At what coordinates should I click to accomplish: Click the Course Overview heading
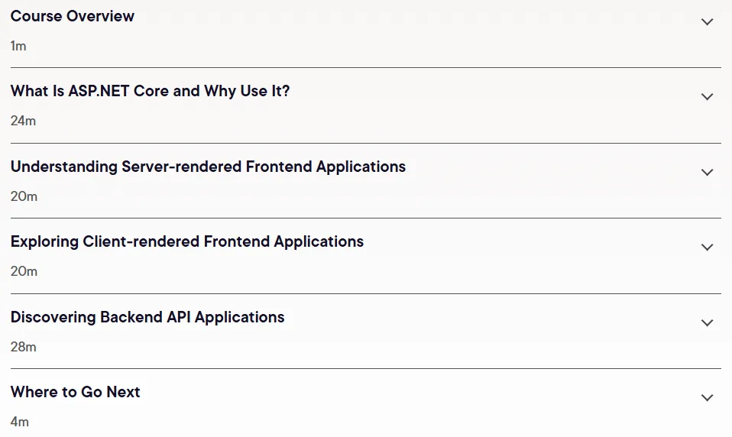coord(73,16)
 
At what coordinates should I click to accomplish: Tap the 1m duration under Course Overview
coord(18,46)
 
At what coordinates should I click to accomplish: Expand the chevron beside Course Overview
coord(708,22)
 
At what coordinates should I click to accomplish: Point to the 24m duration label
coord(24,121)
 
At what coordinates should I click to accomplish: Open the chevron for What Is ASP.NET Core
coord(708,96)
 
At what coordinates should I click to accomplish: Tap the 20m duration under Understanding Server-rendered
coord(24,196)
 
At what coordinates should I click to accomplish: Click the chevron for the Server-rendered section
coord(708,173)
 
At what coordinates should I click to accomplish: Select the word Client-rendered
coord(141,241)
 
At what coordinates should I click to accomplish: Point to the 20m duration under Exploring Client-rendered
coord(24,271)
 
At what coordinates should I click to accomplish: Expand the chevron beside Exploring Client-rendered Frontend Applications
coord(708,247)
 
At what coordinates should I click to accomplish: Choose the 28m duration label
coord(24,347)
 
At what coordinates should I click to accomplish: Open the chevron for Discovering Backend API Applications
coord(708,322)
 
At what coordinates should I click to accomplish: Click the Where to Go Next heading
coord(75,392)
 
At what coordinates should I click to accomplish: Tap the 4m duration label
coord(20,422)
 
